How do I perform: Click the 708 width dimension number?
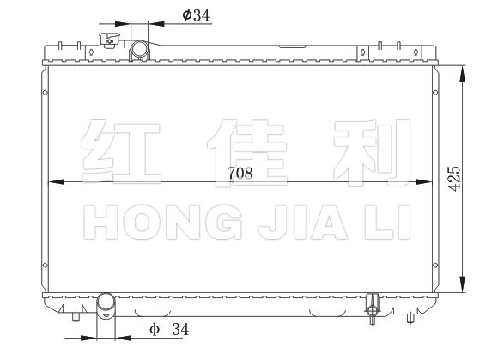point(240,173)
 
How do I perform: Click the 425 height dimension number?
point(453,178)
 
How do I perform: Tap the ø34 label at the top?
point(196,15)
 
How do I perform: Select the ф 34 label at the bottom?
point(169,329)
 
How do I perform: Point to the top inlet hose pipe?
point(139,50)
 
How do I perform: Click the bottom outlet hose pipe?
point(106,305)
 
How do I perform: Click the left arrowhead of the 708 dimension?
point(56,182)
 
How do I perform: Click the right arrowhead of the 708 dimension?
point(424,182)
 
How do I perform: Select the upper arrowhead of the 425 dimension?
point(462,74)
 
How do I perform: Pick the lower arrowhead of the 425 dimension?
point(462,284)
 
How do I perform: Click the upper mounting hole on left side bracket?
point(46,93)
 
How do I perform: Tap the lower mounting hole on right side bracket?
point(435,265)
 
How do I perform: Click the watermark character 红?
point(121,151)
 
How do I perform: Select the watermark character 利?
point(373,153)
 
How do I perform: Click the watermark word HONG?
point(163,222)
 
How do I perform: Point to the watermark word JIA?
point(303,222)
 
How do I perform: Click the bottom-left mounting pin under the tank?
point(76,317)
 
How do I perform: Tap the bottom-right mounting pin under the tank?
point(410,318)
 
